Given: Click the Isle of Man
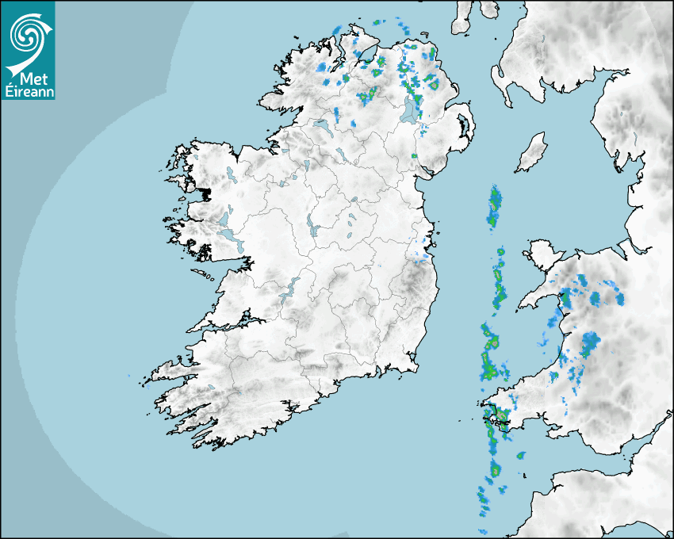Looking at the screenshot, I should pyautogui.click(x=532, y=153).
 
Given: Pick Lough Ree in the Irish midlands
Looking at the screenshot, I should pyautogui.click(x=312, y=227).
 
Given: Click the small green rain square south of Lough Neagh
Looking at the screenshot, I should pyautogui.click(x=414, y=156).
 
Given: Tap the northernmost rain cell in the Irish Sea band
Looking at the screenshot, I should pyautogui.click(x=496, y=197).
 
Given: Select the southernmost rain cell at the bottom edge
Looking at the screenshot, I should pyautogui.click(x=481, y=530).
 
